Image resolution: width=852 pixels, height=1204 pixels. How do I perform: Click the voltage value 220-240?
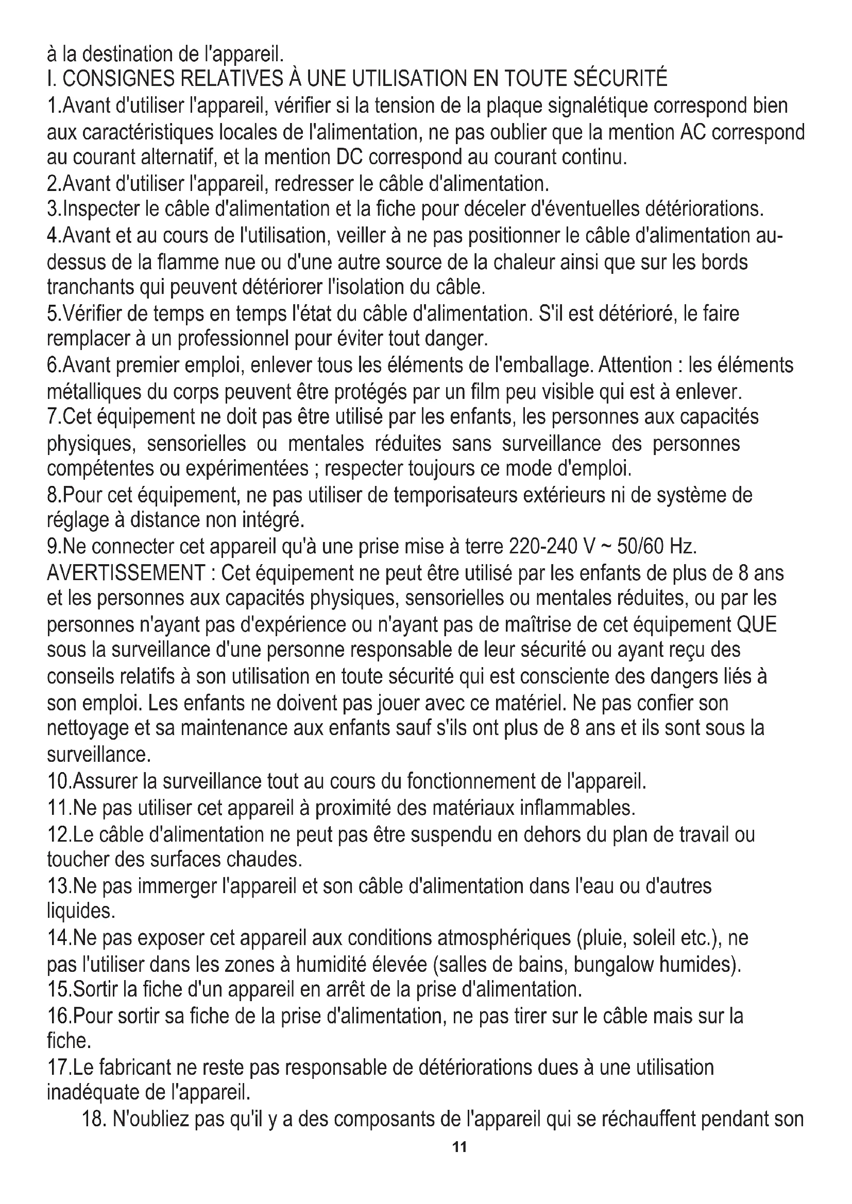click(x=543, y=547)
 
